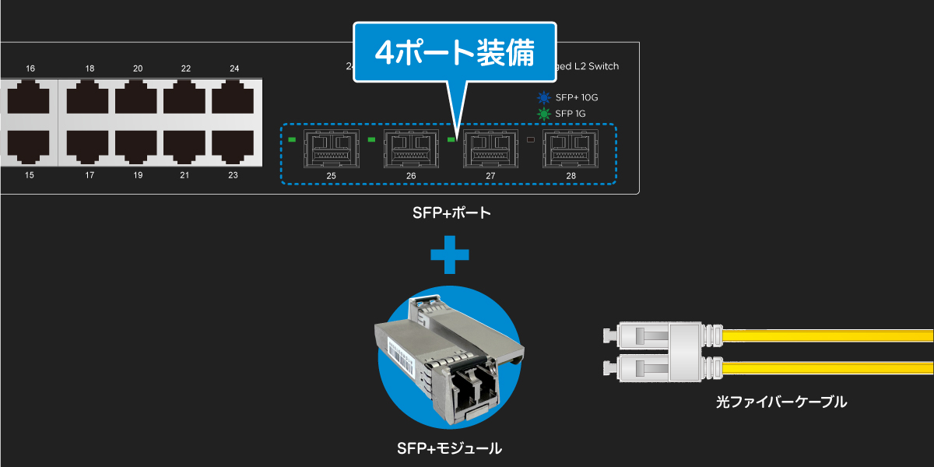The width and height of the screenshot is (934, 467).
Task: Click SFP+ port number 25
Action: click(332, 147)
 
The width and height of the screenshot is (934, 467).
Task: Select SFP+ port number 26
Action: click(410, 147)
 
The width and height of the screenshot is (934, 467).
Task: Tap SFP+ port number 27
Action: click(490, 147)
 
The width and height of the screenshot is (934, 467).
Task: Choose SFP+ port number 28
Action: click(571, 147)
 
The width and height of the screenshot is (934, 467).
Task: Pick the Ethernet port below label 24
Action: click(233, 100)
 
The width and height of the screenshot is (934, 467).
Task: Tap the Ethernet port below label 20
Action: click(137, 100)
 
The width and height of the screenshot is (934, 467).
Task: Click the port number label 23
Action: click(233, 175)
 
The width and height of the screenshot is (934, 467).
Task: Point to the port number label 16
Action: click(30, 69)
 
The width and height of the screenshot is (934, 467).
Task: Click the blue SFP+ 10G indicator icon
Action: click(543, 98)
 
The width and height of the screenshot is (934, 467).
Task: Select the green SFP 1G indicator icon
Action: click(543, 114)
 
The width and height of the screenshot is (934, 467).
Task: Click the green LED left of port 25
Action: click(293, 140)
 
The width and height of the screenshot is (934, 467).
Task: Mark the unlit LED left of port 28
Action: click(532, 140)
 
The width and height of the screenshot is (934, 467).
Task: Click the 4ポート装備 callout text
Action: click(455, 52)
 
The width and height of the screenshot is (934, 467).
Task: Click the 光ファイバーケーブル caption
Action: click(781, 402)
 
